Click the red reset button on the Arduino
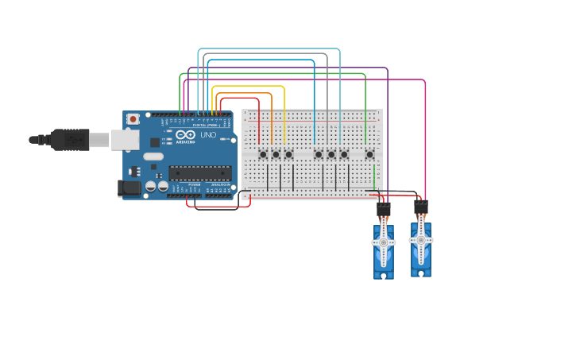pyautogui.click(x=133, y=119)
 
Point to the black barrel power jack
pyautogui.click(x=127, y=188)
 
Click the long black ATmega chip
pyautogui.click(x=199, y=172)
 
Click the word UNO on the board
pyautogui.click(x=207, y=135)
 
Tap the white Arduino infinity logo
pyautogui.click(x=185, y=135)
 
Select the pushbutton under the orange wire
pyautogui.click(x=276, y=154)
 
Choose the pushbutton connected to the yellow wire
pyautogui.click(x=288, y=154)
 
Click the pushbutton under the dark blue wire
pyautogui.click(x=318, y=154)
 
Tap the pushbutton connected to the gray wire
pyautogui.click(x=331, y=154)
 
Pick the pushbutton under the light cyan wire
pyautogui.click(x=344, y=154)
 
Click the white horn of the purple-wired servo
pyautogui.click(x=383, y=242)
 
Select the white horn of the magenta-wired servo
pyautogui.click(x=421, y=238)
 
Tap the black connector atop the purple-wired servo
pyautogui.click(x=383, y=210)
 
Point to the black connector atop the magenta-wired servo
pyautogui.click(x=421, y=207)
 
